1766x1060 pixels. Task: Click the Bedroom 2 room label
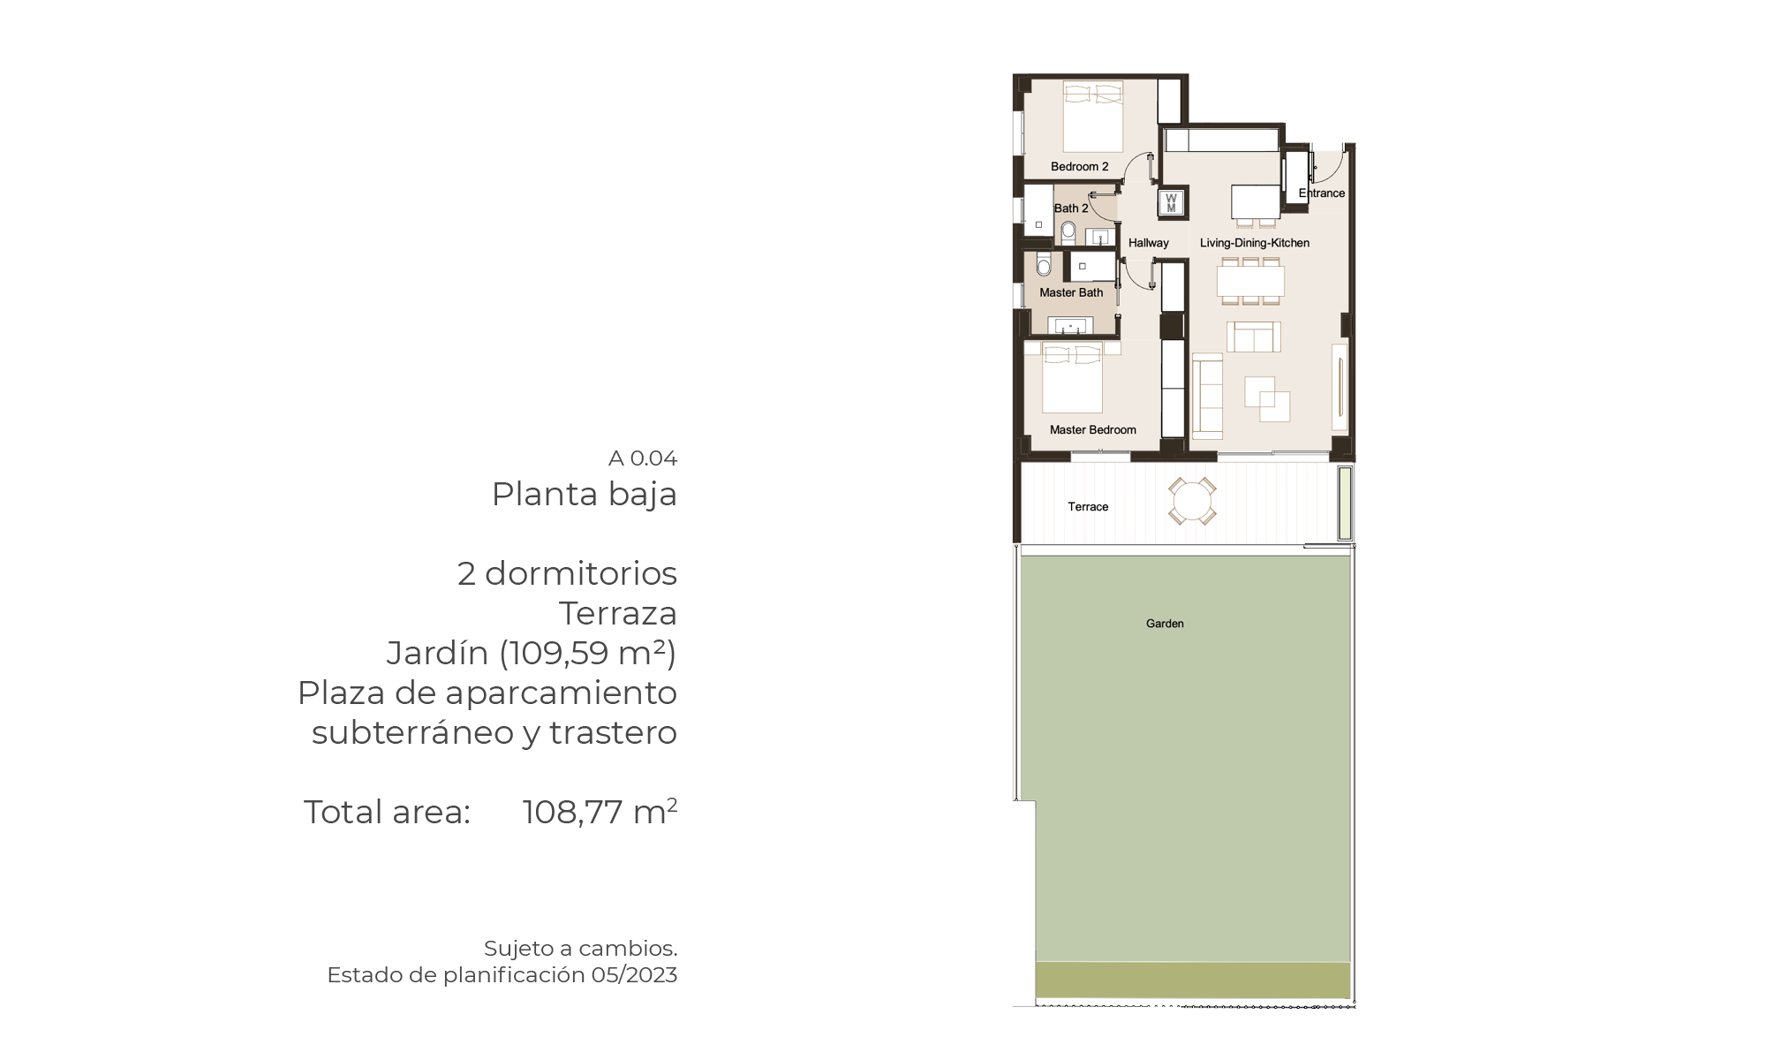[x=1079, y=166]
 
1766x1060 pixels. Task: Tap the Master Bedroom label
[x=1092, y=429]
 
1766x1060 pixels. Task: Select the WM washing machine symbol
[x=1172, y=203]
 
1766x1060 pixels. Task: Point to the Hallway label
[x=1148, y=243]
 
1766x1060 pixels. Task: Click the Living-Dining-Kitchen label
[x=1255, y=243]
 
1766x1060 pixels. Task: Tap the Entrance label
[x=1322, y=193]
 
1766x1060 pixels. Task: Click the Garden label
[x=1165, y=624]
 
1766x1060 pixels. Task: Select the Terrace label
[x=1088, y=507]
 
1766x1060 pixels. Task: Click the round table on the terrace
[x=1192, y=502]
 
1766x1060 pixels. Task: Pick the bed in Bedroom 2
[x=1093, y=117]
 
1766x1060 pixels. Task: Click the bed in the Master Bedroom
[x=1072, y=378]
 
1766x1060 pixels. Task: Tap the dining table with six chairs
[x=1250, y=282]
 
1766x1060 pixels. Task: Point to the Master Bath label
[x=1071, y=292]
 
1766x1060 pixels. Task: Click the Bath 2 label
[x=1071, y=208]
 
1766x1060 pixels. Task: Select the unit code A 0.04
[x=643, y=458]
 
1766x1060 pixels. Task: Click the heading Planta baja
[x=585, y=495]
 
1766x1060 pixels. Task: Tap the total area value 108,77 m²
[x=600, y=812]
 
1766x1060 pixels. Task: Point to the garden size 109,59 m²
[x=587, y=653]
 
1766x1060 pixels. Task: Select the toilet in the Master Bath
[x=1044, y=264]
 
